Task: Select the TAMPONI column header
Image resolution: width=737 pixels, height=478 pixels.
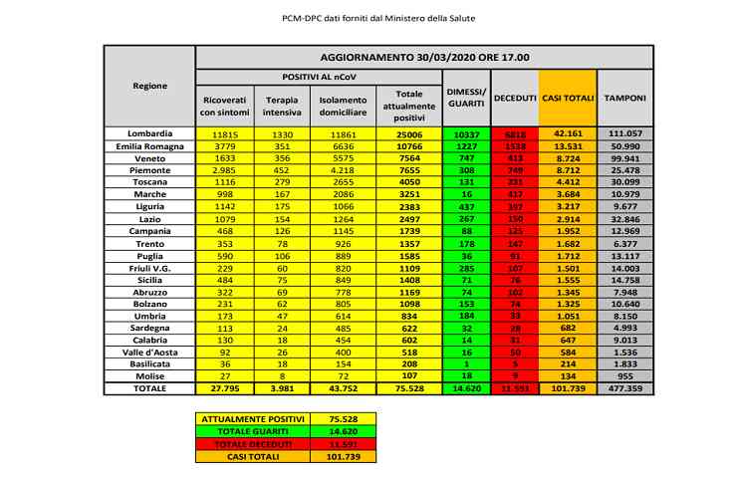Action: tap(624, 99)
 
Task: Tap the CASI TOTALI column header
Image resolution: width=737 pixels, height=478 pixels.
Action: tap(568, 99)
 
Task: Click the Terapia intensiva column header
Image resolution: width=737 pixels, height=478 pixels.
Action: tap(282, 106)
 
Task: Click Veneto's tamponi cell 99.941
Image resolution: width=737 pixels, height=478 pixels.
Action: tap(624, 158)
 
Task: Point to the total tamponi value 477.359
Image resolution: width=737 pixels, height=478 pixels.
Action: tap(624, 388)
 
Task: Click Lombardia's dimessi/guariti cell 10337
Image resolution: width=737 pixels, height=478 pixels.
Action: tap(464, 133)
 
